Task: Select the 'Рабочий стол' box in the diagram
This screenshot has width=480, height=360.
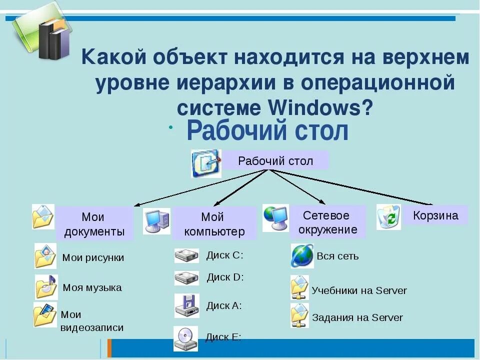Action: [x=275, y=161]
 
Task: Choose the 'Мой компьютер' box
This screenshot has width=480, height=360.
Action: [x=214, y=223]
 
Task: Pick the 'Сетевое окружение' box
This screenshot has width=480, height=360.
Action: [x=326, y=222]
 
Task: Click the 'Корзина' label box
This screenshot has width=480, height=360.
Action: [x=435, y=215]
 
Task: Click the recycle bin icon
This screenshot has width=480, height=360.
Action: [x=388, y=217]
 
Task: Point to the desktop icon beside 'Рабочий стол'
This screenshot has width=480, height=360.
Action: [x=205, y=163]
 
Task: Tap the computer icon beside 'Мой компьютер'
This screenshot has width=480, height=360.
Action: [x=156, y=220]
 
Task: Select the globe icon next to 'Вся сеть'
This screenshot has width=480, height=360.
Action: [x=302, y=256]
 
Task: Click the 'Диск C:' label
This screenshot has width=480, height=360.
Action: [x=224, y=255]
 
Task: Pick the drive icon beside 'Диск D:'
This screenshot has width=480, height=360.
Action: [x=186, y=277]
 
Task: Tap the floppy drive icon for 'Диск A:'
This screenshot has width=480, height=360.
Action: [x=186, y=305]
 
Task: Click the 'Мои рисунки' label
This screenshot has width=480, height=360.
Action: [x=93, y=257]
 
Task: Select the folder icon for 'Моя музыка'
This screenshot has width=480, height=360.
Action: [x=46, y=287]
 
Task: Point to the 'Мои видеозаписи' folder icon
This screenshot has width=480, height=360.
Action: [x=45, y=315]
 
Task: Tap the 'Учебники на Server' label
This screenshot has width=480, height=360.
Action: [x=359, y=290]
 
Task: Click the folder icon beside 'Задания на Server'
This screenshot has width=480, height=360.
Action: [x=299, y=315]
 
